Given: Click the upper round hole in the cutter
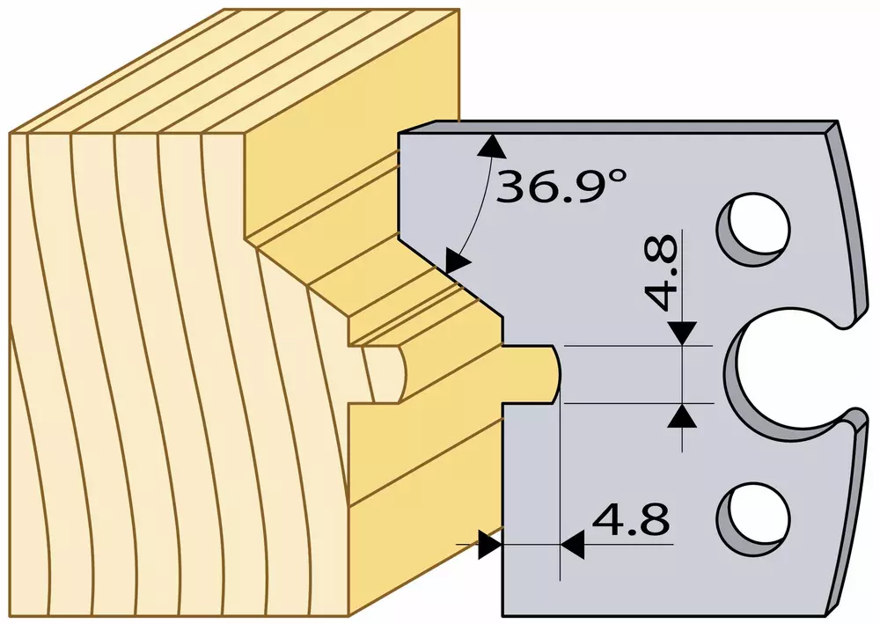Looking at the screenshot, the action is point(755,229).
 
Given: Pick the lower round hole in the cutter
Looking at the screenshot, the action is point(755,518).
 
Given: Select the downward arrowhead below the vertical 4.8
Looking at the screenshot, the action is point(683,333).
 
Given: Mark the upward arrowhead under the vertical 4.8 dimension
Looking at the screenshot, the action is point(683,416).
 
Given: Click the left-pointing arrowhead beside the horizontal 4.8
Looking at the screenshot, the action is point(573,544).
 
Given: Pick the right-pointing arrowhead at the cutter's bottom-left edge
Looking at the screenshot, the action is point(490,544).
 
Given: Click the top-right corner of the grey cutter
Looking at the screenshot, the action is point(838,121).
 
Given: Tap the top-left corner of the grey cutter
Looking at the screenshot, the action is point(398,133).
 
